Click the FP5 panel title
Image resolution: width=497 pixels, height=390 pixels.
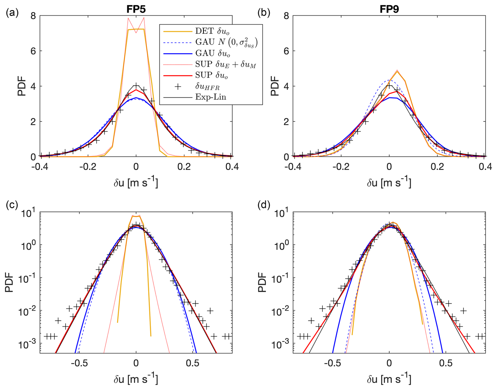pyautogui.click(x=136, y=9)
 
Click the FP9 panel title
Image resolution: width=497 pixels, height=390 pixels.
pyautogui.click(x=389, y=9)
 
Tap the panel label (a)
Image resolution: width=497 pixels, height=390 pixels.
pyautogui.click(x=12, y=12)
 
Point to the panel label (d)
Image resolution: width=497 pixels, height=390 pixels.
pyautogui.click(x=264, y=205)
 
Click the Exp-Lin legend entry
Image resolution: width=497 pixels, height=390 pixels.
pyautogui.click(x=210, y=97)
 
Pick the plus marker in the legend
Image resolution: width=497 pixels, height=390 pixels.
pyautogui.click(x=178, y=86)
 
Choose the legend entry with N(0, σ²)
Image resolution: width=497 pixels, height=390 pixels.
pyautogui.click(x=226, y=42)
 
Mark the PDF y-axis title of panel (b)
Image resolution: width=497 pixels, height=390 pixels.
pyautogui.click(x=275, y=86)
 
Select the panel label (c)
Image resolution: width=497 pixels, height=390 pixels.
pyautogui.click(x=12, y=205)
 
